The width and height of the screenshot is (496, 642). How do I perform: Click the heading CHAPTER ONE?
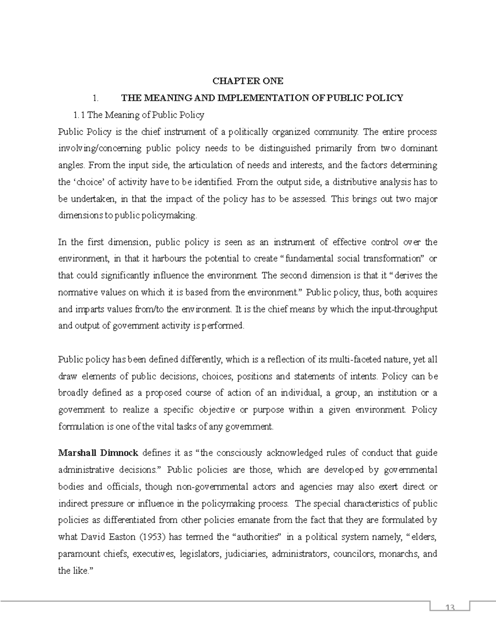coord(248,81)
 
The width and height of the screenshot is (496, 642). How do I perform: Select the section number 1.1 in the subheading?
coord(79,115)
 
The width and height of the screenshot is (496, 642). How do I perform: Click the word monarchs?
coord(396,554)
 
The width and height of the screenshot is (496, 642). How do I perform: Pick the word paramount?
coord(77,554)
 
